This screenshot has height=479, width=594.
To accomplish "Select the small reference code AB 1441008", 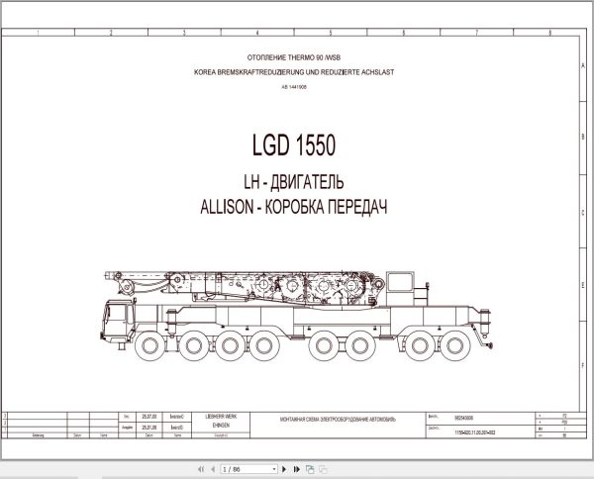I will click(294, 87).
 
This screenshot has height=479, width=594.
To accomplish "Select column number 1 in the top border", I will click(37, 32).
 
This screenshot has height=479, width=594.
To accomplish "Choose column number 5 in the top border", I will click(331, 32).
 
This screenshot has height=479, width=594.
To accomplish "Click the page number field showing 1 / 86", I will click(239, 467).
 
